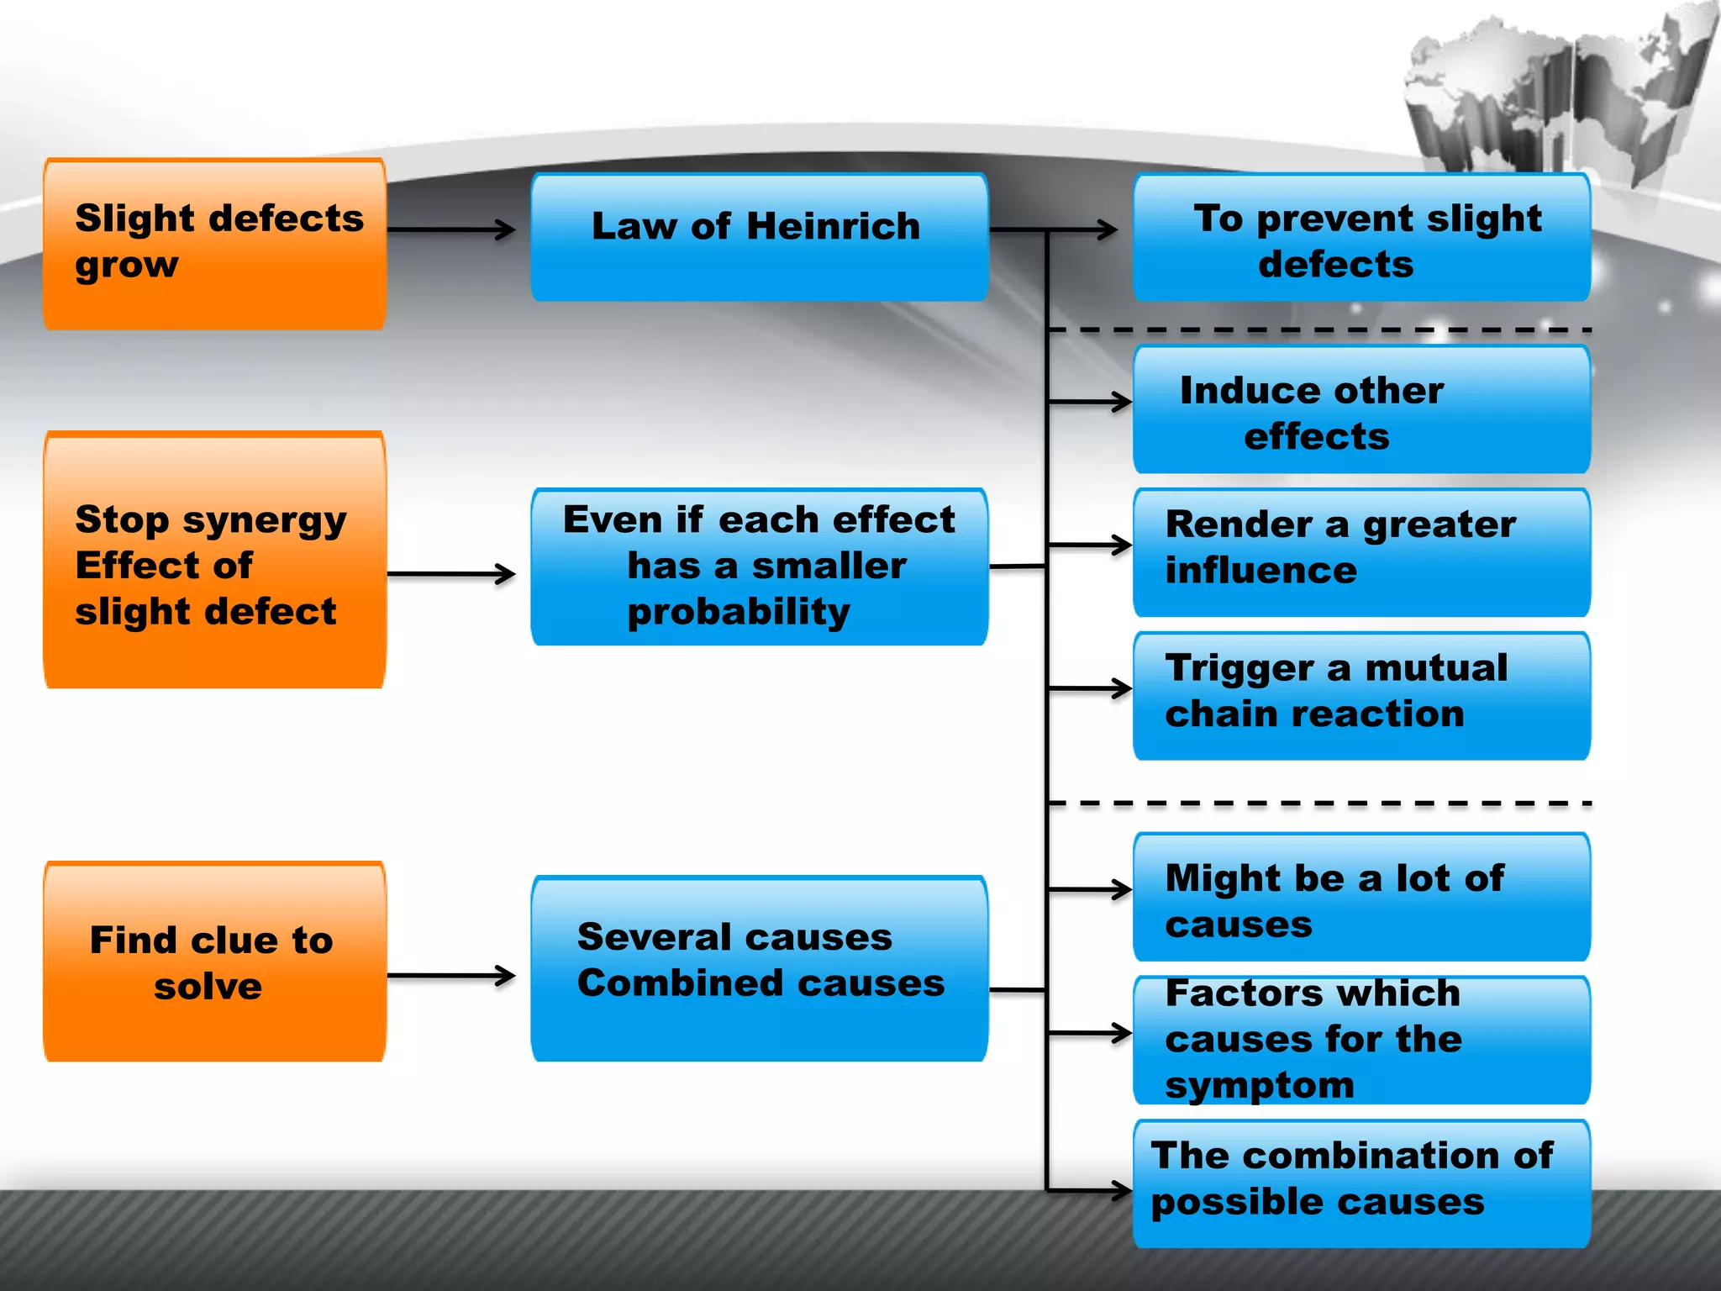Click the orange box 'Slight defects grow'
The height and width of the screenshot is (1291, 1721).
215,244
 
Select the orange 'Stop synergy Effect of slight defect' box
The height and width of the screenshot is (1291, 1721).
215,560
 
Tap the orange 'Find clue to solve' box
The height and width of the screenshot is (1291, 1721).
215,962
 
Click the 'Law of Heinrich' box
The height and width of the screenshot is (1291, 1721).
760,237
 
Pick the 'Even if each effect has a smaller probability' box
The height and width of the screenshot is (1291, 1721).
760,566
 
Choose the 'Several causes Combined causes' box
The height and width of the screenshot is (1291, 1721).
760,968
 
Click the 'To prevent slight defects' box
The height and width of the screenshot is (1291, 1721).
1362,237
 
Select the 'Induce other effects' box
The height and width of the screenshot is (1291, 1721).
1362,409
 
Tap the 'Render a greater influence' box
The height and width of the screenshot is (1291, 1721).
1362,552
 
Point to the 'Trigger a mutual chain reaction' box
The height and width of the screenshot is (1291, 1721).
1362,696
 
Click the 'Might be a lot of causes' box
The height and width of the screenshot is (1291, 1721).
1362,897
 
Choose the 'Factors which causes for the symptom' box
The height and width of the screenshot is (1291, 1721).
1362,1040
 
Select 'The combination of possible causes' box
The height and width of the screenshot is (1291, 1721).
1362,1183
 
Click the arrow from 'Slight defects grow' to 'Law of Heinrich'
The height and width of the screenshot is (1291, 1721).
451,229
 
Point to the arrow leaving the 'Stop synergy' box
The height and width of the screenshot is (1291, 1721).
451,574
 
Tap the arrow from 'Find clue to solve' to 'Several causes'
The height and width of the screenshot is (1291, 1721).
451,976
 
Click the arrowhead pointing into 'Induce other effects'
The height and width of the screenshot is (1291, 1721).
1122,401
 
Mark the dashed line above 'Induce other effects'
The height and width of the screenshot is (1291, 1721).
1320,330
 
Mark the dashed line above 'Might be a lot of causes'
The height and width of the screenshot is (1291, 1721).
1320,804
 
